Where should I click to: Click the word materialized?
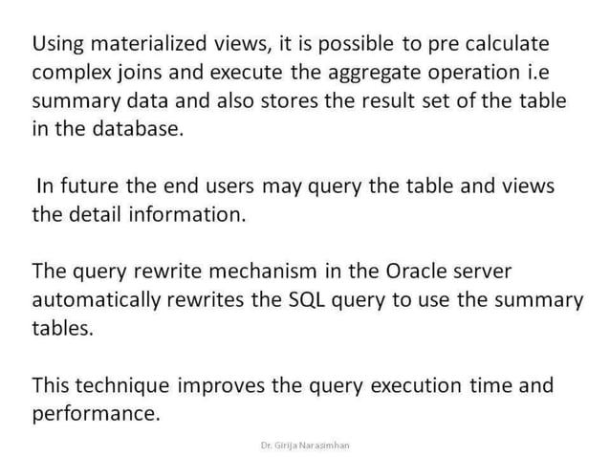[143, 44]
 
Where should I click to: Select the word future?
[94, 186]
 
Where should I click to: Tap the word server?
[493, 272]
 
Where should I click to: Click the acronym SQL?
[309, 300]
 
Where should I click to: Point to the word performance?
[94, 415]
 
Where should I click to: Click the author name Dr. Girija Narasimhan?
[305, 446]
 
